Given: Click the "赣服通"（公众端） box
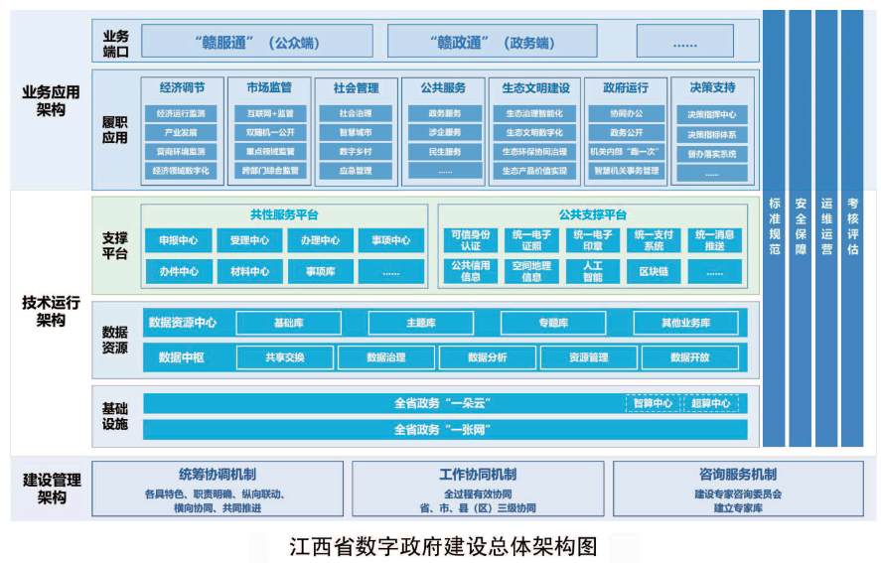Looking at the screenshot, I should click(256, 42).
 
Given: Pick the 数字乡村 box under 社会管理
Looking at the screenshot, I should click(356, 152).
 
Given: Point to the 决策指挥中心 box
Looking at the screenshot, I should click(711, 114).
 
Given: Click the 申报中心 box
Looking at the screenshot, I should click(179, 240).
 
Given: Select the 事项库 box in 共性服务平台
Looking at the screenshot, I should click(320, 271).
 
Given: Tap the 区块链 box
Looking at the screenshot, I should click(653, 271).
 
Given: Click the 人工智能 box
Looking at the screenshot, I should click(592, 271).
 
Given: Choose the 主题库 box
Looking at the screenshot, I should click(420, 323).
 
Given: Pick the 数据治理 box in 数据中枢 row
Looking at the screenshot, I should click(385, 357).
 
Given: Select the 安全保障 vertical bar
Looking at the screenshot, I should click(801, 227).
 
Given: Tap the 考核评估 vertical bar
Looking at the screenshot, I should click(852, 227).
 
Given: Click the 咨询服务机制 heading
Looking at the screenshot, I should click(738, 475).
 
